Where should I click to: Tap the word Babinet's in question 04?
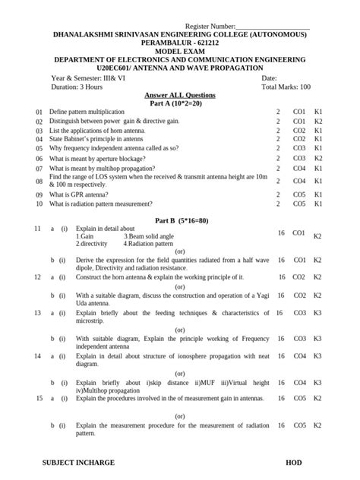tap(80, 139)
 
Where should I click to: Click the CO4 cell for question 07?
tap(298, 168)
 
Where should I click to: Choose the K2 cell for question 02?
tap(318, 121)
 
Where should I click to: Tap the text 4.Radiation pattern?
tap(151, 244)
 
